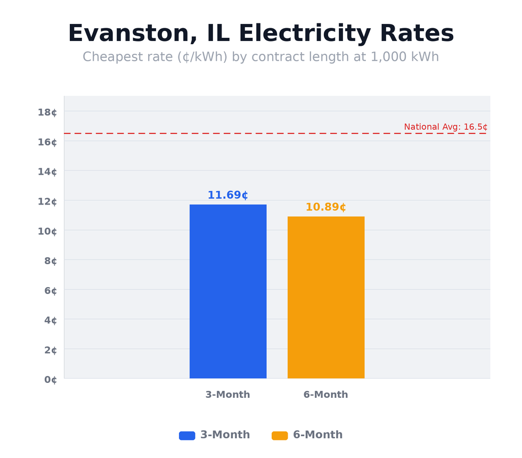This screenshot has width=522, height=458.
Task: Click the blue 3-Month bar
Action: coord(228,291)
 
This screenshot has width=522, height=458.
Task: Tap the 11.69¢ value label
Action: coord(227,195)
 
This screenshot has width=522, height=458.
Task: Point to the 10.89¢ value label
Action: coord(325,207)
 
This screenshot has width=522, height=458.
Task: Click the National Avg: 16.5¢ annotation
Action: coord(445,127)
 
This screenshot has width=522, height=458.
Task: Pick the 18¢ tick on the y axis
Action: coord(47,112)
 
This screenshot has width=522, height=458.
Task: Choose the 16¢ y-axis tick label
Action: coord(47,142)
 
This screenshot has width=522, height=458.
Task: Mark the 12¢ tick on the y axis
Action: coord(47,201)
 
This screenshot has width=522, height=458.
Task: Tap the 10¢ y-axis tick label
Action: coord(47,231)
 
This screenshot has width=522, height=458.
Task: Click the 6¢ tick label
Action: coord(51,290)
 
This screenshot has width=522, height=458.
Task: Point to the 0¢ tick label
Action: coord(51,380)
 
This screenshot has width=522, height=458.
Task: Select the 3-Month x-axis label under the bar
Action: coord(227,395)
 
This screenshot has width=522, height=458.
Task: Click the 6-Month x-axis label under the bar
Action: coord(325,395)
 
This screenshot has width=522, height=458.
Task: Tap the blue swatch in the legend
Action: coord(187,436)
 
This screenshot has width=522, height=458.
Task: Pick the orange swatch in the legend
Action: coord(280,436)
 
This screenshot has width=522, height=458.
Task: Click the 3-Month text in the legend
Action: coord(225,435)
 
